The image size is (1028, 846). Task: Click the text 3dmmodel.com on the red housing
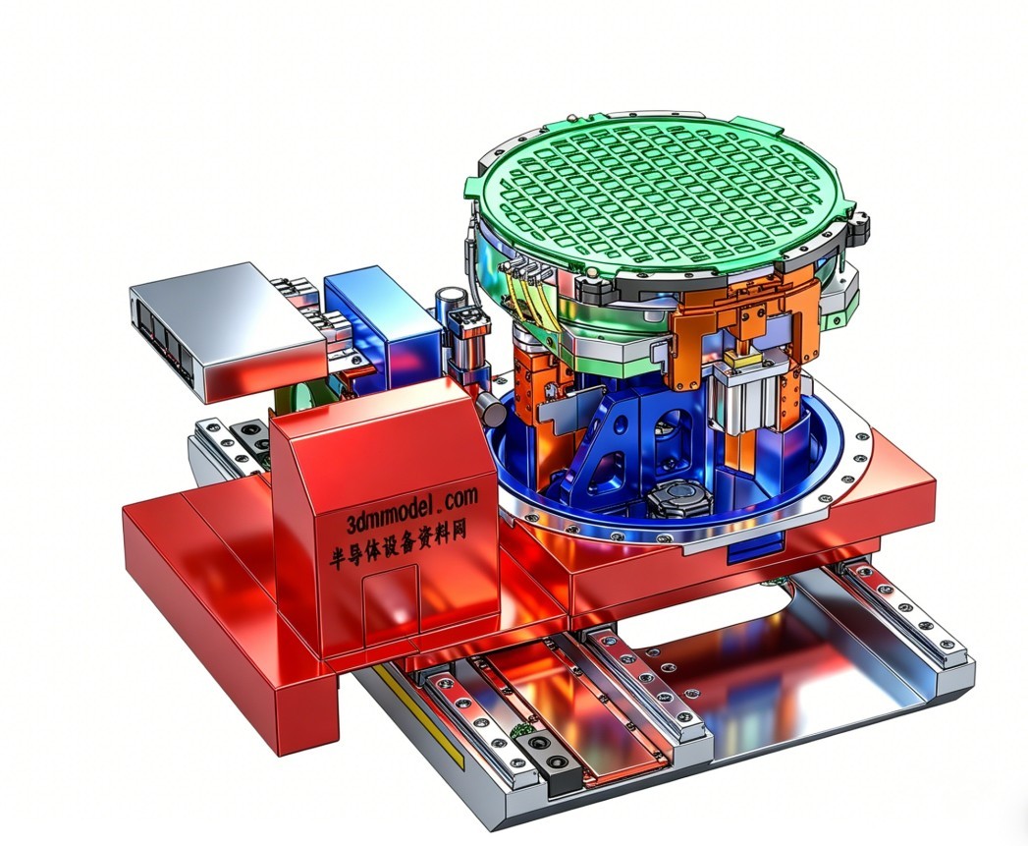point(412,509)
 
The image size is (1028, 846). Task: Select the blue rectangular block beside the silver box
point(382,321)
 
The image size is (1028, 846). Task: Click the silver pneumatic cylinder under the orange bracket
point(747,400)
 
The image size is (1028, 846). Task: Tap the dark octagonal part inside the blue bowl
point(679,501)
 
